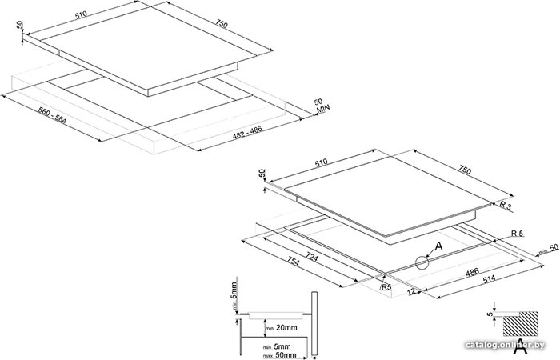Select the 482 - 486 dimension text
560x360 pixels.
pos(247,133)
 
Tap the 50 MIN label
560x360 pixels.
pos(321,106)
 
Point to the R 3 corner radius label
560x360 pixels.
pos(506,206)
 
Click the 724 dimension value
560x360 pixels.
pos(312,257)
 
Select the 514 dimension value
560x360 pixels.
pos(490,278)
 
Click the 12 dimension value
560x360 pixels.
pos(411,292)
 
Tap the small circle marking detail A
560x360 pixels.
pos(422,262)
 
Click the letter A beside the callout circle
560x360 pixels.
pos(438,246)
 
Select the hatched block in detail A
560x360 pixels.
pos(520,323)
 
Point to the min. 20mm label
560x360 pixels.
pos(281,327)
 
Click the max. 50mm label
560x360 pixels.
pos(279,355)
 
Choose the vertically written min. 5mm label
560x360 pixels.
pos(234,296)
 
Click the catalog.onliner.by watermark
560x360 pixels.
pos(505,345)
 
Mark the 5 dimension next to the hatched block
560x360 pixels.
pos(490,314)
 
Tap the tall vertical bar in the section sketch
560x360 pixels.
pos(314,323)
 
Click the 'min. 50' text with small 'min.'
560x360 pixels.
pos(549,249)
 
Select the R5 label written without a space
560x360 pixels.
pos(386,286)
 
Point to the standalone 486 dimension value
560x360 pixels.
pos(472,274)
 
